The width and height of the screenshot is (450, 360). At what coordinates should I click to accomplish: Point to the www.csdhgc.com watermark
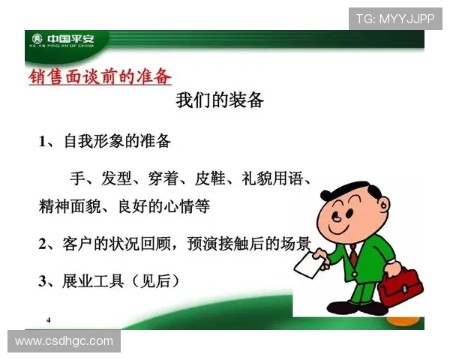click(x=64, y=342)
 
